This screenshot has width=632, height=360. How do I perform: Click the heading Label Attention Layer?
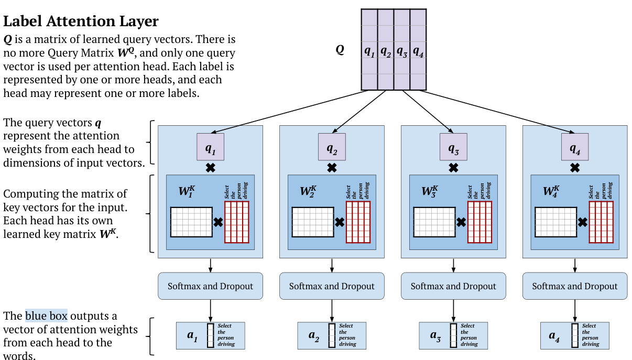click(x=81, y=21)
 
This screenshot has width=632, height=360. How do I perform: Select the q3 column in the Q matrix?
click(x=401, y=51)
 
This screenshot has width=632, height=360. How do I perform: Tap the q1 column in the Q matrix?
click(x=369, y=51)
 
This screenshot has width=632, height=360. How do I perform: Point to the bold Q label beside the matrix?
click(x=340, y=50)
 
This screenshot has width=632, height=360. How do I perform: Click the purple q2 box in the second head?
click(x=332, y=147)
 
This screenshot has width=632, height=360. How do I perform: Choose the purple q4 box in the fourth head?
click(x=575, y=147)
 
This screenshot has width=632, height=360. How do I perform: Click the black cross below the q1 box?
click(x=210, y=168)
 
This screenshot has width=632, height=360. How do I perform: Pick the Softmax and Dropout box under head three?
click(x=453, y=286)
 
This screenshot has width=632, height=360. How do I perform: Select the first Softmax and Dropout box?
click(x=210, y=286)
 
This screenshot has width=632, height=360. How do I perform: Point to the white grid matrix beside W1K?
click(x=191, y=222)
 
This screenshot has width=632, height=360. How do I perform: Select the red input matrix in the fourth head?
click(x=602, y=222)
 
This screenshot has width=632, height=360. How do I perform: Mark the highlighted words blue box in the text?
click(x=46, y=316)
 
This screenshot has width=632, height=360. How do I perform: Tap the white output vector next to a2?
click(x=331, y=335)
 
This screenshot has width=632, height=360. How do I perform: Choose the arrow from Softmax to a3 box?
click(x=453, y=310)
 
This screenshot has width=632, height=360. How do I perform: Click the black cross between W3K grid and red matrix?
click(x=461, y=222)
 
